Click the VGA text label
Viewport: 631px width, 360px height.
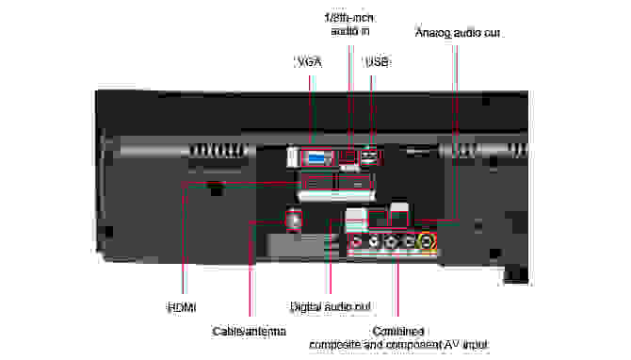click(x=309, y=62)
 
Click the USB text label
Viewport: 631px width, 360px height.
click(x=376, y=62)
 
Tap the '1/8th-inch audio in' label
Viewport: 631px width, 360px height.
click(x=349, y=23)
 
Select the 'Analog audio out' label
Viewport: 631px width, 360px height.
click(x=458, y=33)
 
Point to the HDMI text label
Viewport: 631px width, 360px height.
click(x=183, y=307)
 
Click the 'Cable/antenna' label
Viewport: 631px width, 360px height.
click(x=249, y=332)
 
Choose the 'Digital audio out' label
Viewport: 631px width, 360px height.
click(x=330, y=307)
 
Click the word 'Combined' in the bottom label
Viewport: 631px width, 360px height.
click(x=397, y=332)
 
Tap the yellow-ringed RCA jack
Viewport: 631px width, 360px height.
click(x=429, y=241)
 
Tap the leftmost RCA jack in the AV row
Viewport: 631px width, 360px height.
click(x=357, y=241)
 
